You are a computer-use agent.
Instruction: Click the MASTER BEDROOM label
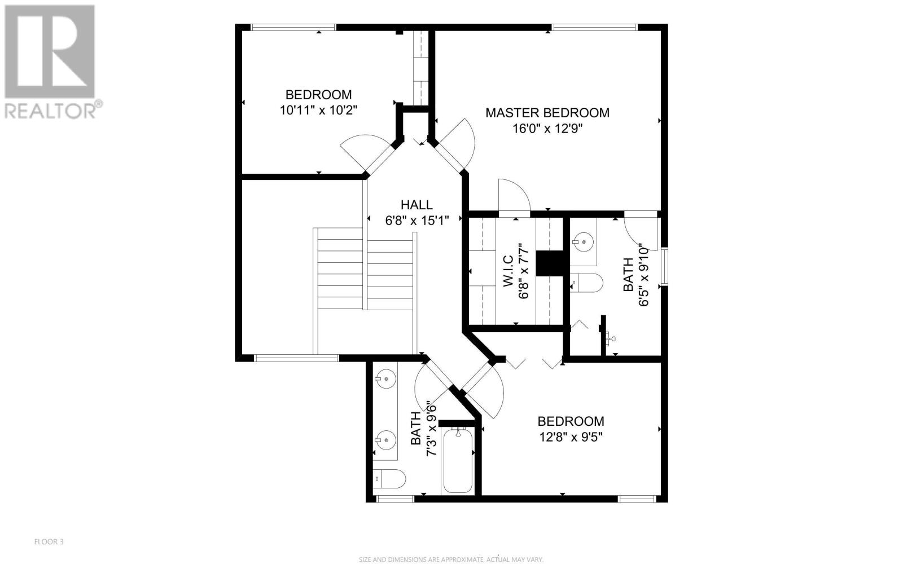tap(547, 113)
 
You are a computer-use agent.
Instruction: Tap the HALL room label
tap(417, 205)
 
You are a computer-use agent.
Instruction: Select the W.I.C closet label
tap(508, 271)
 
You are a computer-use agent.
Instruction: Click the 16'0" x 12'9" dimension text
tap(547, 129)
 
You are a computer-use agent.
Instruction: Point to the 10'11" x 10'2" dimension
tap(318, 110)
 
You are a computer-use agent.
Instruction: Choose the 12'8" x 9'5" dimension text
tap(571, 437)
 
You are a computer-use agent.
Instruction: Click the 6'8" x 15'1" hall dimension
tap(417, 221)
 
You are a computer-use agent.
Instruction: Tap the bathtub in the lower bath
tap(458, 460)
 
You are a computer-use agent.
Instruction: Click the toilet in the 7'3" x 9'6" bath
tap(389, 479)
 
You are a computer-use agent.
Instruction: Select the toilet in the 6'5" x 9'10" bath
tap(586, 283)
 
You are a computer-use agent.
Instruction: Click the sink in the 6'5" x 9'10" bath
tap(582, 242)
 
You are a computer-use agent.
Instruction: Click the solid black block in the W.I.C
tap(549, 263)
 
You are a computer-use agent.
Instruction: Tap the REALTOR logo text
tap(54, 110)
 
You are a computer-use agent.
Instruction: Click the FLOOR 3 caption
tap(49, 542)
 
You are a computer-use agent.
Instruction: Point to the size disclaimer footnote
tap(451, 559)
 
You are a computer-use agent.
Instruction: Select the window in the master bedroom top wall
tap(595, 28)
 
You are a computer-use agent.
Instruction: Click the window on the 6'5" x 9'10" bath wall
tap(664, 267)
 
